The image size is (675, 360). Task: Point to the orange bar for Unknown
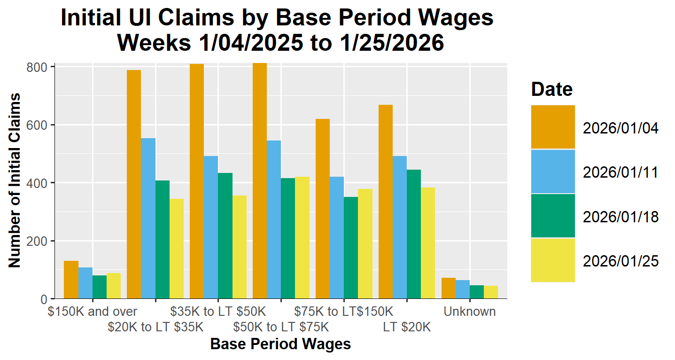449,288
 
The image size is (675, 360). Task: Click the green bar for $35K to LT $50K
225,235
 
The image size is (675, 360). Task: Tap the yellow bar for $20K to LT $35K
177,249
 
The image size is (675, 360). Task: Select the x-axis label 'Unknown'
470,312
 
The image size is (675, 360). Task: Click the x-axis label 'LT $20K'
407,327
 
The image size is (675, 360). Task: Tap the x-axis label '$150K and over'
93,312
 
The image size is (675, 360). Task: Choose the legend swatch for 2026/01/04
553,127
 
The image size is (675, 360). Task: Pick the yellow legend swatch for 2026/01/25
553,260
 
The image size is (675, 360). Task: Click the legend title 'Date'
552,89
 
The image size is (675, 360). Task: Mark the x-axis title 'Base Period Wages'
280,344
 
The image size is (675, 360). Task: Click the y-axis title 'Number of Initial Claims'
15,180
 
